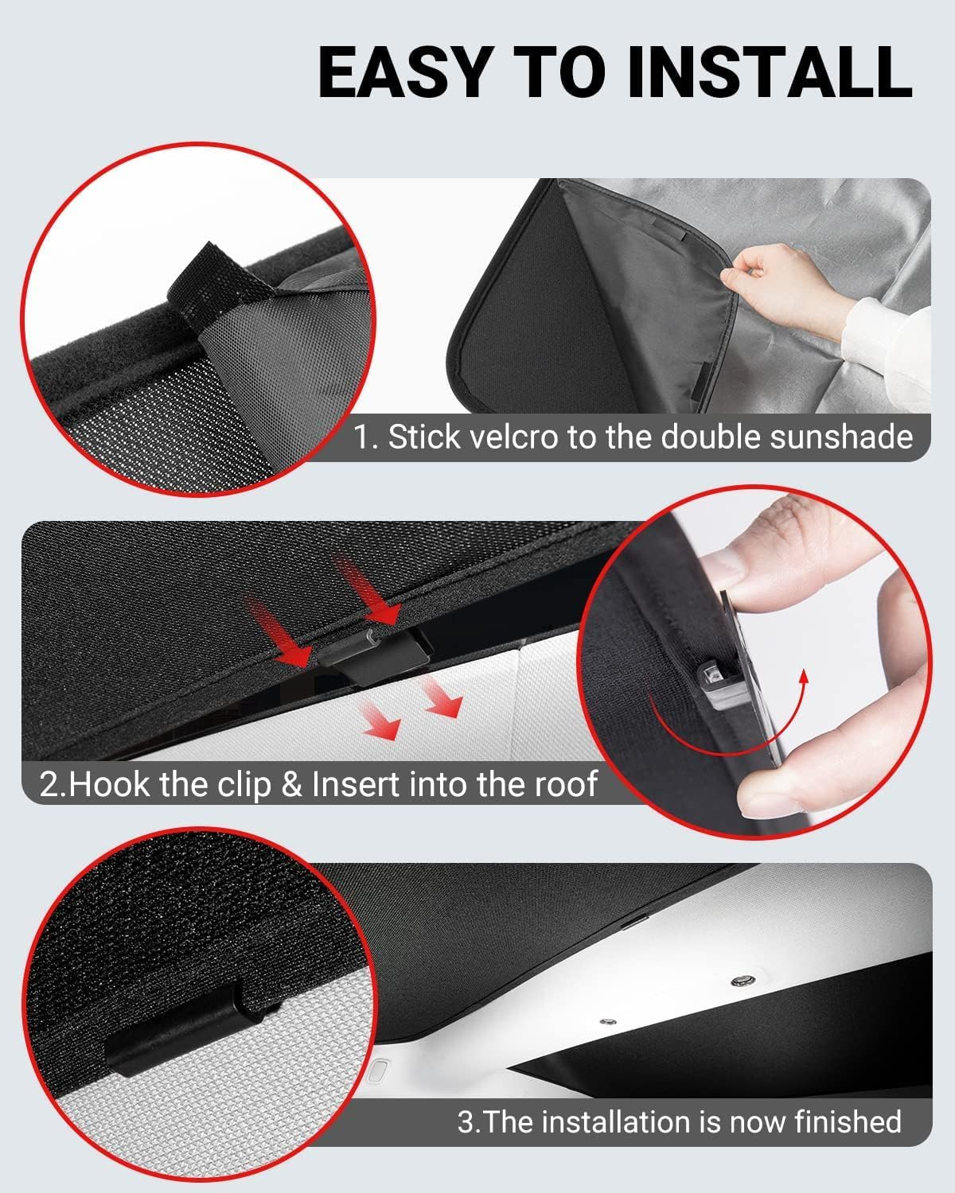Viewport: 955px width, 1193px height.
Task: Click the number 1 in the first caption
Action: pyautogui.click(x=362, y=437)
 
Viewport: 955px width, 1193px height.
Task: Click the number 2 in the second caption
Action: pyautogui.click(x=49, y=784)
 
